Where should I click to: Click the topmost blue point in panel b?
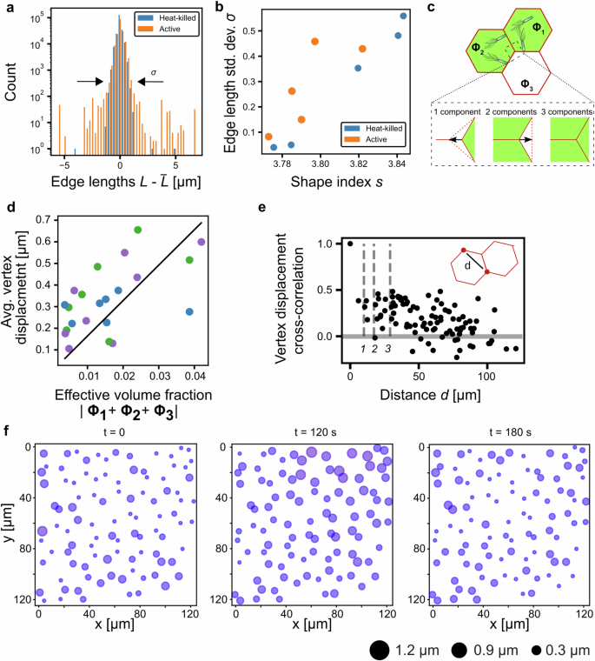(403, 16)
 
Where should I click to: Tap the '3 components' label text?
(567, 113)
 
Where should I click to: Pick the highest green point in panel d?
(138, 230)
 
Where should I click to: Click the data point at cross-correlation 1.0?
(350, 244)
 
